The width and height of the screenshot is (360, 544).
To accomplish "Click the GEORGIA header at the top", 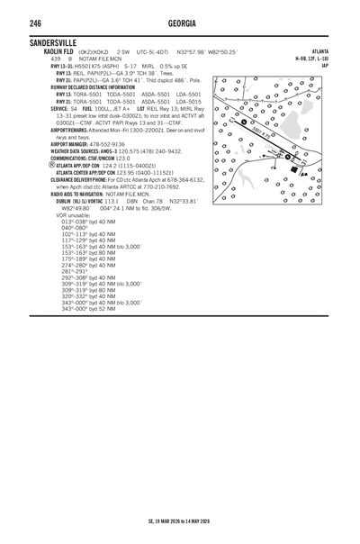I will tap(179, 23).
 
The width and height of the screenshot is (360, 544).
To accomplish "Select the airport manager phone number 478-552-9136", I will tap(98, 144).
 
